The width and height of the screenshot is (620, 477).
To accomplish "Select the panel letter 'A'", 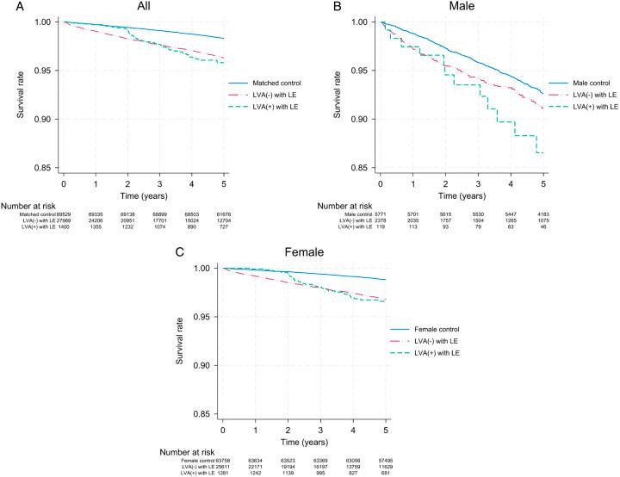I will (6, 6).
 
